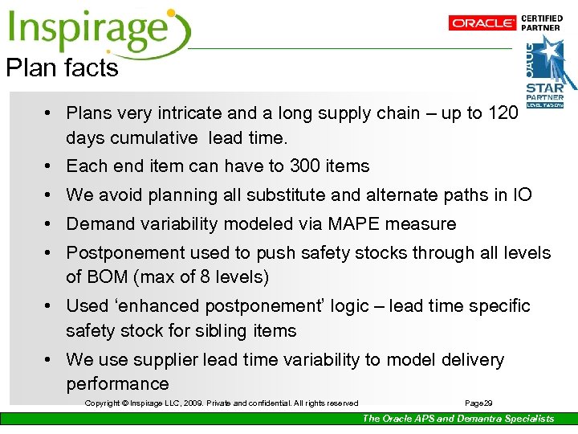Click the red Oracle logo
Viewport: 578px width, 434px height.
pyautogui.click(x=482, y=23)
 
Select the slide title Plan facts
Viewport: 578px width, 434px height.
pyautogui.click(x=63, y=68)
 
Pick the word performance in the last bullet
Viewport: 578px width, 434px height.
pyautogui.click(x=118, y=384)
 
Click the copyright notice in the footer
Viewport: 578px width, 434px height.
pyautogui.click(x=222, y=403)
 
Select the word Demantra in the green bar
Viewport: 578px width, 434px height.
pyautogui.click(x=482, y=419)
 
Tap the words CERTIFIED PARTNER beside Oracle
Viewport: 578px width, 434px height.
pyautogui.click(x=542, y=23)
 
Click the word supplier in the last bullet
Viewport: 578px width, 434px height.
pyautogui.click(x=166, y=360)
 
